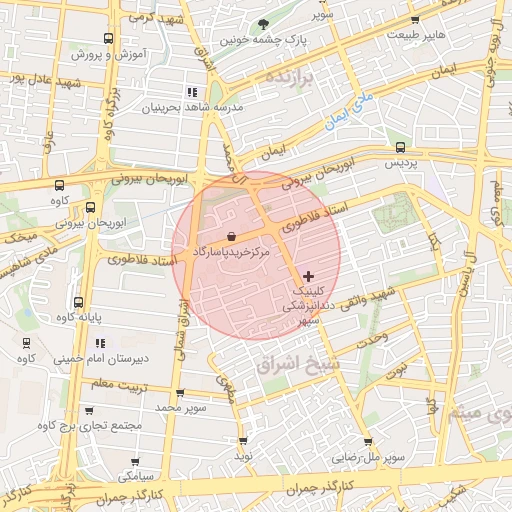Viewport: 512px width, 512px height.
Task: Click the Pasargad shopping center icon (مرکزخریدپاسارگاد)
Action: pyautogui.click(x=232, y=237)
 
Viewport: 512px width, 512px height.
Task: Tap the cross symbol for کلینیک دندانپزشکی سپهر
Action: pyautogui.click(x=307, y=275)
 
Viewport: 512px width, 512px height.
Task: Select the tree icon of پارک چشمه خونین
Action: pyautogui.click(x=263, y=23)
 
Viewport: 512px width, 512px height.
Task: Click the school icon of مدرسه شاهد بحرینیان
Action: pyautogui.click(x=192, y=91)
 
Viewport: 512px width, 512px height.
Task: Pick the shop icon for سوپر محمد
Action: pyautogui.click(x=180, y=393)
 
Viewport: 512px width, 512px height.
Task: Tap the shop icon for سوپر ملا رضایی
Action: pyautogui.click(x=368, y=441)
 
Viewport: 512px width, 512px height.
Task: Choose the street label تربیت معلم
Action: pyautogui.click(x=113, y=383)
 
